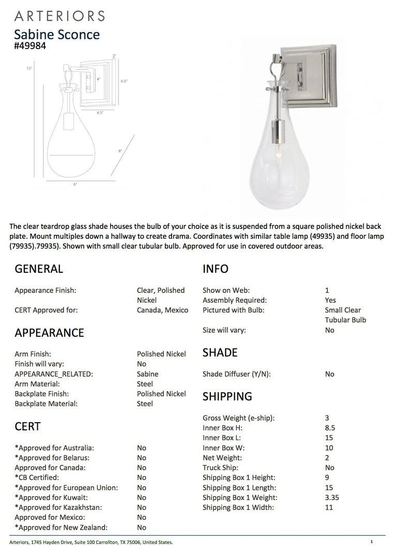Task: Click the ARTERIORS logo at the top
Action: click(59, 16)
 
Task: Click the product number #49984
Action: click(31, 45)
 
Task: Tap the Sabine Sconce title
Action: click(57, 34)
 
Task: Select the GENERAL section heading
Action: click(39, 269)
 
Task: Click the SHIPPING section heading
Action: click(227, 396)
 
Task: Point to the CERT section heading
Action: click(27, 426)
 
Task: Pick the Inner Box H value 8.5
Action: click(330, 428)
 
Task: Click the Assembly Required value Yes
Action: click(330, 300)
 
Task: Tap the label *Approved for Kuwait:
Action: click(54, 498)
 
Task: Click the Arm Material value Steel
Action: click(145, 384)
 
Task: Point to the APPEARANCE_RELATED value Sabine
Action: click(147, 374)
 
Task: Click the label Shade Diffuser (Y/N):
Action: click(236, 374)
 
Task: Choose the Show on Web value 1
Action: click(327, 290)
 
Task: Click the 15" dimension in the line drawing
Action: click(29, 68)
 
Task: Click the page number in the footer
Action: click(371, 542)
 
